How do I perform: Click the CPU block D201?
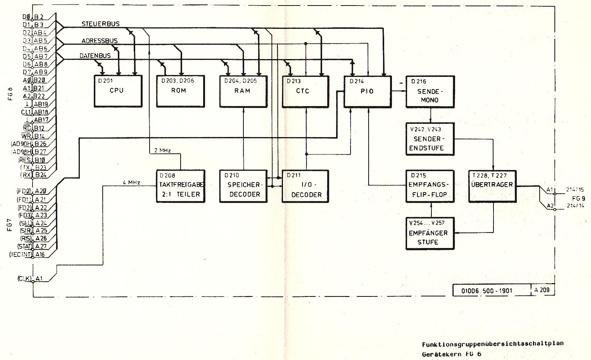click(117, 91)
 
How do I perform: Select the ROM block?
click(180, 91)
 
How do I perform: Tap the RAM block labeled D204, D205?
click(243, 91)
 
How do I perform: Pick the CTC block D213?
click(305, 91)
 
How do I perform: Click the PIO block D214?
click(367, 92)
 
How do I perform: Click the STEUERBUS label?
click(100, 24)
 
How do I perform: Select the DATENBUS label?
click(95, 56)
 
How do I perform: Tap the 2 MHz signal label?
click(163, 150)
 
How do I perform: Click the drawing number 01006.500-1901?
click(487, 291)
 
